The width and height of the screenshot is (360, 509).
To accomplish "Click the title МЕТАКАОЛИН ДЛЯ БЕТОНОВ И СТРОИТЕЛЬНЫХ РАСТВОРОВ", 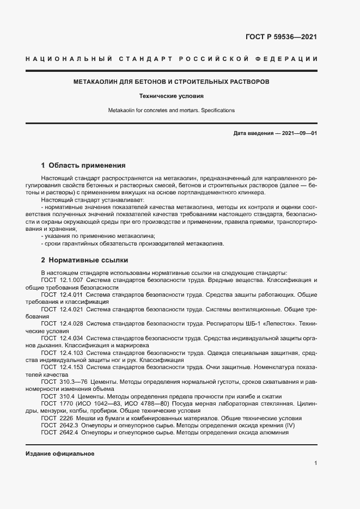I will click(x=171, y=82).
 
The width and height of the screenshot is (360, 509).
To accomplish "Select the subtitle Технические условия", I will click(x=171, y=96).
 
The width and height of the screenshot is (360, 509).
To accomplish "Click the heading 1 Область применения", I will click(x=83, y=165).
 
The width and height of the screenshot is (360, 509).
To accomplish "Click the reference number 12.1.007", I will click(x=71, y=280).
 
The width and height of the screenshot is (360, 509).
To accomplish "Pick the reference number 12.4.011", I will click(x=71, y=294).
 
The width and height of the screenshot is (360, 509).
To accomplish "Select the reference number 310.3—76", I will click(x=73, y=382).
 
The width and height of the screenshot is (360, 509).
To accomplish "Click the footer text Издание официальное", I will click(x=60, y=453).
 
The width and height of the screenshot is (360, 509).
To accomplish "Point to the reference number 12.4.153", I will click(x=71, y=367).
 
